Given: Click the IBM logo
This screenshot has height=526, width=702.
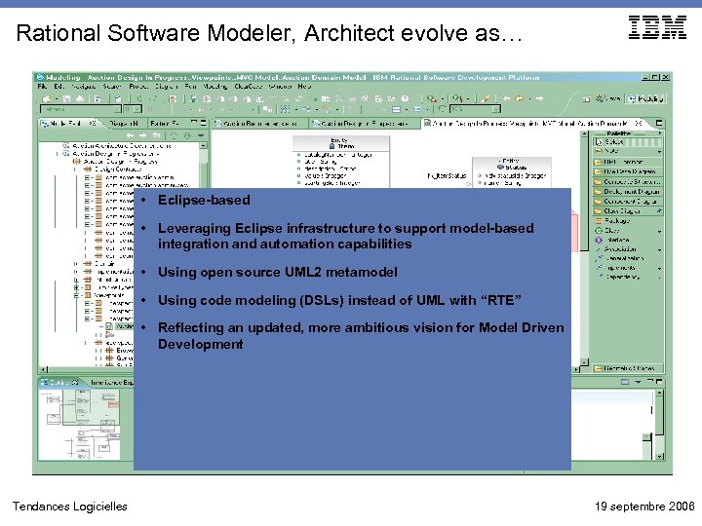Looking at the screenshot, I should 657,28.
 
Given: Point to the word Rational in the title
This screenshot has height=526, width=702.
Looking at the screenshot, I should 56,34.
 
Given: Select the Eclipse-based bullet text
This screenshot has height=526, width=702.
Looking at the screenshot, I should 204,201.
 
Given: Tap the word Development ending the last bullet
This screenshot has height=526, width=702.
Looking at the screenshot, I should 201,345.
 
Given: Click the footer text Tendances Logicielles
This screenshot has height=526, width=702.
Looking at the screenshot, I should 69,507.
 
